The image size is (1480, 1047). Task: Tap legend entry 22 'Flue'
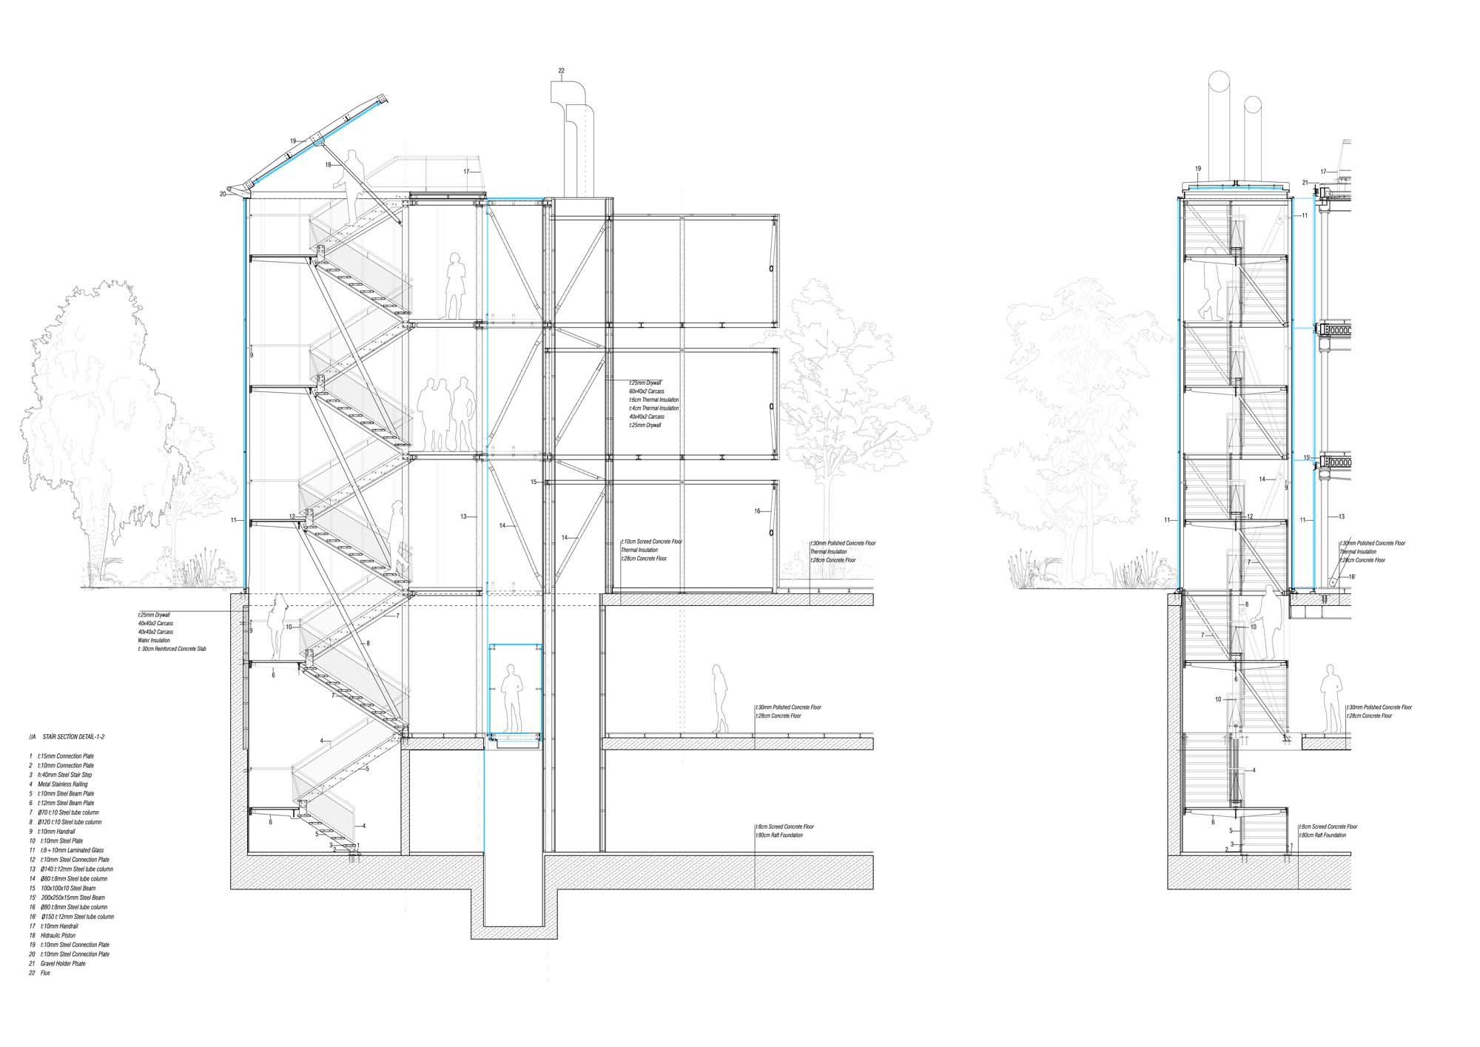click(45, 973)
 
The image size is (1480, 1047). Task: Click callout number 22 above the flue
click(562, 71)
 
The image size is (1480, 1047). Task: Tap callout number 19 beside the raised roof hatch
click(293, 141)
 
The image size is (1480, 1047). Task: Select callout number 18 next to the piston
click(328, 165)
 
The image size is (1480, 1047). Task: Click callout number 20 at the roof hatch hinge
click(222, 194)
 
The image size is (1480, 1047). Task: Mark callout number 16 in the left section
click(757, 511)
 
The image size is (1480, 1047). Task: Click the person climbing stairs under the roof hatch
click(352, 185)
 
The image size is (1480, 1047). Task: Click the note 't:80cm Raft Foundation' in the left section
click(778, 835)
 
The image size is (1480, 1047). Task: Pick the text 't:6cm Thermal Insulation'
click(653, 400)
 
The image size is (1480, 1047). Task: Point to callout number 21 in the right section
click(1305, 182)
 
